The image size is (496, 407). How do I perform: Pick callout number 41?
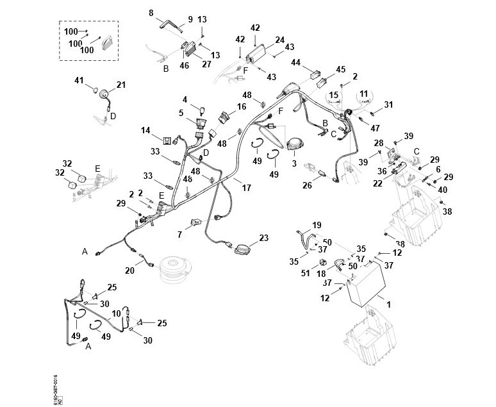pyautogui.click(x=79, y=81)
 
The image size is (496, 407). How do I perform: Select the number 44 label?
pyautogui.click(x=296, y=62)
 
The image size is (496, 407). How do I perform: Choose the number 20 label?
pyautogui.click(x=130, y=270)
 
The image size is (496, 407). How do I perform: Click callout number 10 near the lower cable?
pyautogui.click(x=116, y=313)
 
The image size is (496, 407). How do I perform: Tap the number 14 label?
pyautogui.click(x=145, y=131)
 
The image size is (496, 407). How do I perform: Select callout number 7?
pyautogui.click(x=180, y=235)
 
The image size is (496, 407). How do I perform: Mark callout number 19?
pyautogui.click(x=316, y=225)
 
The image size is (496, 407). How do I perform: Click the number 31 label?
pyautogui.click(x=388, y=105)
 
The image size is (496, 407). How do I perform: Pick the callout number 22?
pyautogui.click(x=377, y=184)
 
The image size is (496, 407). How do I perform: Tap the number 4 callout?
pyautogui.click(x=185, y=99)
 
